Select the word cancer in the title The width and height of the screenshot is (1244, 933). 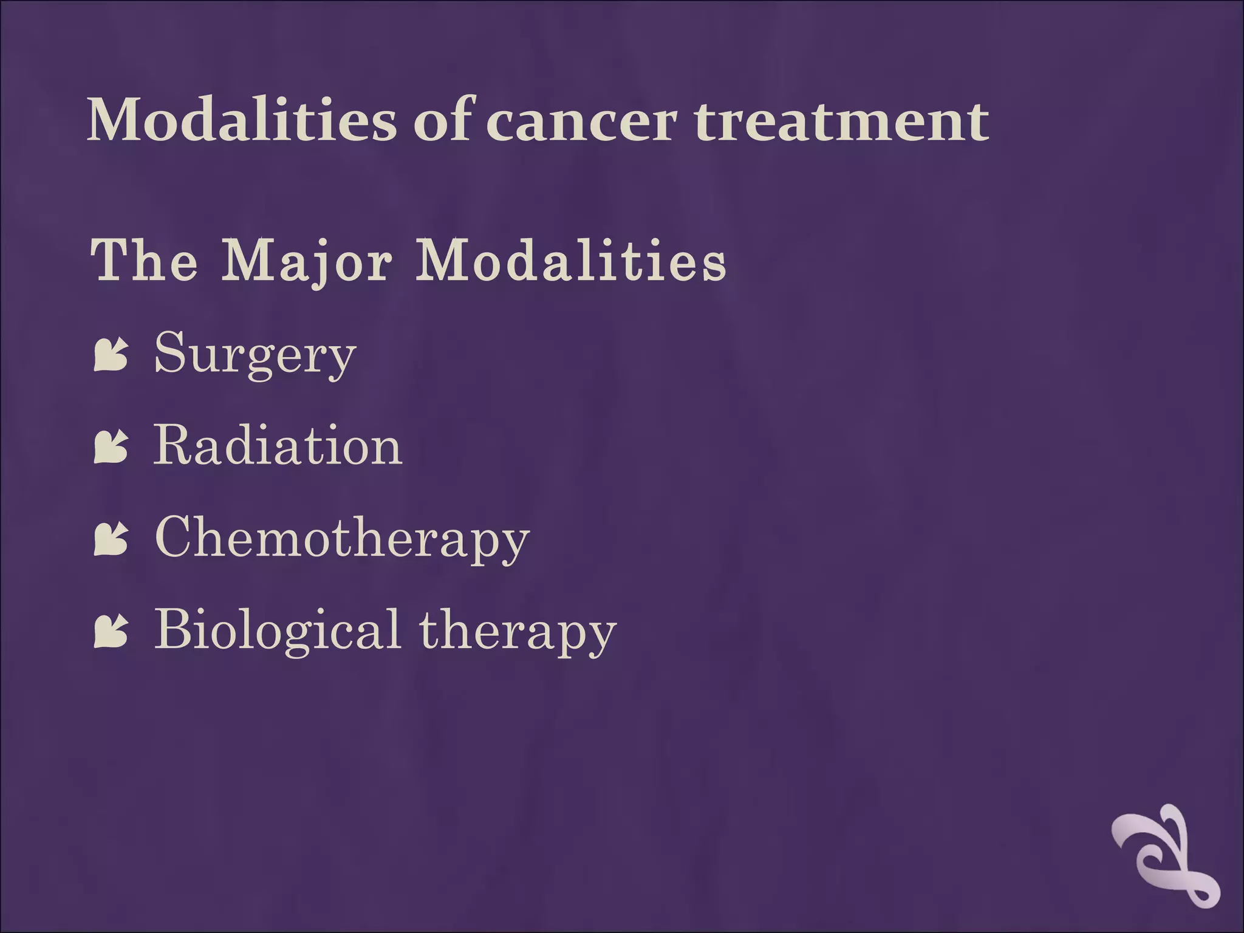pos(581,121)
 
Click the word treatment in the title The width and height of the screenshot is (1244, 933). pos(842,121)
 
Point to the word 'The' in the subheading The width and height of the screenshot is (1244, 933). pos(145,261)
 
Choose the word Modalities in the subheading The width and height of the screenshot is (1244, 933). pos(570,261)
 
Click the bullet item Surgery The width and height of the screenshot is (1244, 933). pos(255,354)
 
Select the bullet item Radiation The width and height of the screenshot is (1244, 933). pos(278,446)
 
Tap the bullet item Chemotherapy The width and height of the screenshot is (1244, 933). pos(342,538)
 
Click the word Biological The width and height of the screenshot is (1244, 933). pos(277,630)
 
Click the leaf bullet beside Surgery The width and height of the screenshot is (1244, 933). pos(111,355)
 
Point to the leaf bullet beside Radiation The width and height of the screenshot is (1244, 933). pos(111,448)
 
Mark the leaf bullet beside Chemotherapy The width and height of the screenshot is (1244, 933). pos(111,540)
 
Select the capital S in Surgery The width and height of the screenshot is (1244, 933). pos(169,352)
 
